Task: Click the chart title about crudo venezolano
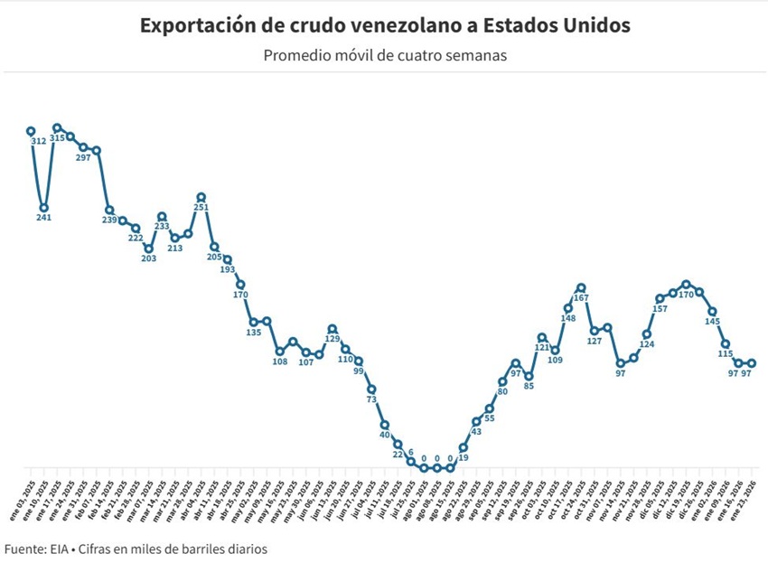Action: (x=385, y=25)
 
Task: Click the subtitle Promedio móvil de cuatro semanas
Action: (x=385, y=55)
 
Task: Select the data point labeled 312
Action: (x=31, y=131)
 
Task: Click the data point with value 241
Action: (x=43, y=207)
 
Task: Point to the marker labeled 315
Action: (x=57, y=128)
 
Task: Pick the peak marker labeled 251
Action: (x=201, y=196)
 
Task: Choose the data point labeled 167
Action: (x=581, y=287)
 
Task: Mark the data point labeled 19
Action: (x=463, y=447)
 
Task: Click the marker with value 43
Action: (x=476, y=422)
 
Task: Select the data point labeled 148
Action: (x=568, y=308)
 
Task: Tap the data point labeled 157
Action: (x=660, y=298)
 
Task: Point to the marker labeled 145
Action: (x=712, y=312)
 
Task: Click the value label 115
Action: (x=725, y=354)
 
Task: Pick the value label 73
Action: (x=371, y=399)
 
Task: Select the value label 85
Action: (x=529, y=387)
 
